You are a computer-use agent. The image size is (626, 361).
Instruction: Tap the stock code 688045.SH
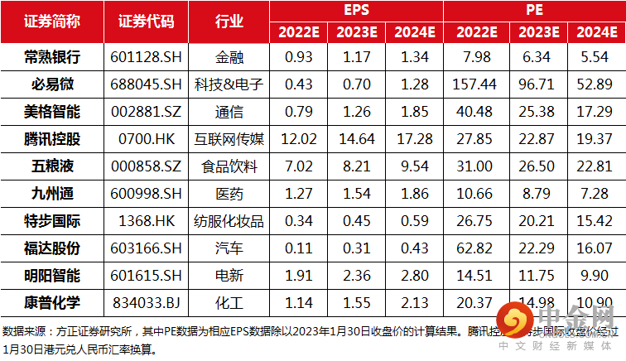[x=147, y=84]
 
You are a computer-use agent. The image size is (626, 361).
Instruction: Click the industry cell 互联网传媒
[x=229, y=138]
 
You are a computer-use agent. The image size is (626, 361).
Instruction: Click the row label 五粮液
[x=51, y=166]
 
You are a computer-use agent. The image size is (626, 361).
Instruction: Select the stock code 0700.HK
[x=147, y=138]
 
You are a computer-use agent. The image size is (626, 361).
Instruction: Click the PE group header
[x=534, y=11]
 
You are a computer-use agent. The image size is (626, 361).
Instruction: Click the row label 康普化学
[x=51, y=302]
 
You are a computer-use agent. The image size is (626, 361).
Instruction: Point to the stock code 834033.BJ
[x=147, y=302]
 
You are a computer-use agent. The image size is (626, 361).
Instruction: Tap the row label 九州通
[x=51, y=193]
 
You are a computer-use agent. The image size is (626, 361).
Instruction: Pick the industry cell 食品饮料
[x=229, y=166]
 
